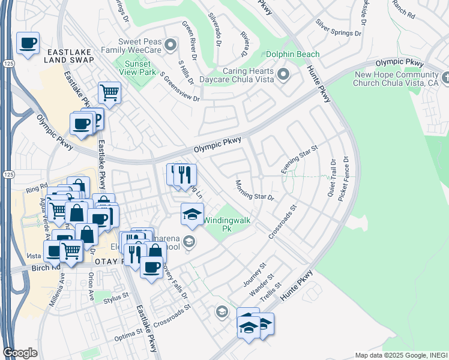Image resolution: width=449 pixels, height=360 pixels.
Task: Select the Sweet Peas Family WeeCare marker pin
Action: click(x=171, y=44)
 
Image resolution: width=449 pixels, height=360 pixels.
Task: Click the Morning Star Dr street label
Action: click(x=255, y=190)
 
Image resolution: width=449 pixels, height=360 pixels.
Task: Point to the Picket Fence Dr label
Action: click(x=345, y=178)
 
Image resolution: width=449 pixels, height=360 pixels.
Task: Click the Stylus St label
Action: click(x=116, y=296)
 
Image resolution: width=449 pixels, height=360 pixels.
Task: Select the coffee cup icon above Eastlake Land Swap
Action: click(x=28, y=44)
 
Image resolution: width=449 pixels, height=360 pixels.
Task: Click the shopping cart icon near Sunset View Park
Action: click(x=110, y=93)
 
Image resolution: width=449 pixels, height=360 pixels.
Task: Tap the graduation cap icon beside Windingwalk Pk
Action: click(x=192, y=214)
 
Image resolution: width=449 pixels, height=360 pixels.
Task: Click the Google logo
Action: click(x=20, y=353)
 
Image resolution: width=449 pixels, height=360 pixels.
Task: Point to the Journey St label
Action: click(x=254, y=274)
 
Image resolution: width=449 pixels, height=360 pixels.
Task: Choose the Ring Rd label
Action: click(x=36, y=188)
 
